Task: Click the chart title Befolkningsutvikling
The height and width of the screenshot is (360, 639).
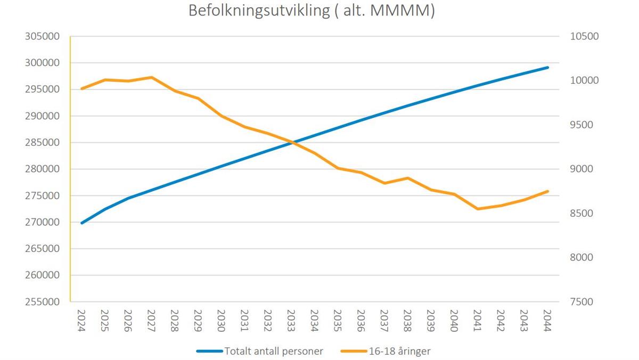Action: click(x=259, y=11)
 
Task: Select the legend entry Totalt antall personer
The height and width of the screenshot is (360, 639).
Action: click(x=274, y=351)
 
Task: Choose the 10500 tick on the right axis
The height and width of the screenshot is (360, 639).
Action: click(x=585, y=36)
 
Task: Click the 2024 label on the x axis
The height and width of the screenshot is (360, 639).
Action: click(x=81, y=321)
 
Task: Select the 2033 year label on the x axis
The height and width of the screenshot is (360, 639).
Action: click(x=291, y=321)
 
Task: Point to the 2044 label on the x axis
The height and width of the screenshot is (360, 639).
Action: click(x=547, y=321)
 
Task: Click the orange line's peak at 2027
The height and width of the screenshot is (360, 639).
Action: click(x=151, y=77)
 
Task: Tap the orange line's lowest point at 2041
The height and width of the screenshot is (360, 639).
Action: click(x=478, y=209)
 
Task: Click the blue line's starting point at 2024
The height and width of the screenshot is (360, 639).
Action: click(x=81, y=223)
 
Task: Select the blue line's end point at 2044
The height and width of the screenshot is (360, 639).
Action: click(x=547, y=68)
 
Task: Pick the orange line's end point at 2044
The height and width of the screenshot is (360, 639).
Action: click(x=547, y=191)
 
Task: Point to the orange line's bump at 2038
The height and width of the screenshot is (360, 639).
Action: click(x=407, y=178)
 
